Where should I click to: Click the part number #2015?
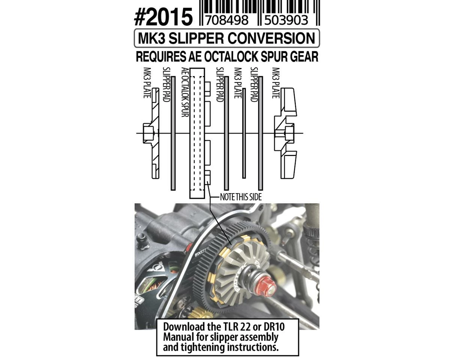(163, 17)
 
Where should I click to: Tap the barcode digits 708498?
(226, 20)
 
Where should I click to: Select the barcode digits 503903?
(286, 20)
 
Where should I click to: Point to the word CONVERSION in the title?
(271, 38)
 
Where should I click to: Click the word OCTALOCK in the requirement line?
(231, 57)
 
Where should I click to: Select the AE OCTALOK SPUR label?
(185, 92)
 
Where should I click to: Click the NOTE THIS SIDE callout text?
(241, 197)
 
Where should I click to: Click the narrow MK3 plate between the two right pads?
(244, 133)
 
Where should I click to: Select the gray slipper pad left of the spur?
(173, 133)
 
